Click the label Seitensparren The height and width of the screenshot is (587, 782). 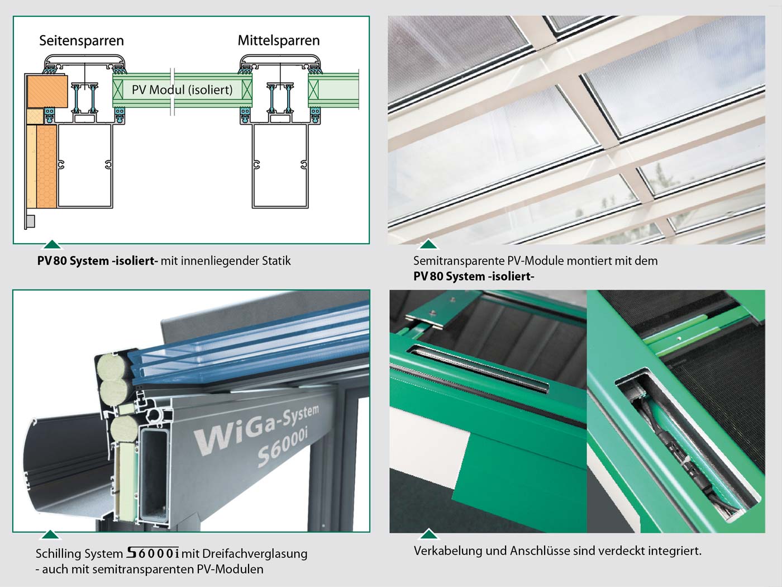81,41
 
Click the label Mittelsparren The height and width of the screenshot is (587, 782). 279,41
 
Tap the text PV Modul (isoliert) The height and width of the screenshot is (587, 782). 182,90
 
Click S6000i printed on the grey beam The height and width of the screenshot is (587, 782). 283,449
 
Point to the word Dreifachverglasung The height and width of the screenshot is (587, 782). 254,554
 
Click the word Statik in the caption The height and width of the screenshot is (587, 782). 276,261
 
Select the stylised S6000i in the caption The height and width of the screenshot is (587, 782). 153,553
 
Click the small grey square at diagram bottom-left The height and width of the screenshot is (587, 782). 31,221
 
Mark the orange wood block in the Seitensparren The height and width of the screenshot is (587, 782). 47,91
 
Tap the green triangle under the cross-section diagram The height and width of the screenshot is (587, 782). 52,245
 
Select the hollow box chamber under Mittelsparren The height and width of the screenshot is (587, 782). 280,165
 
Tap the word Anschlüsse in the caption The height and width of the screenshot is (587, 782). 540,551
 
